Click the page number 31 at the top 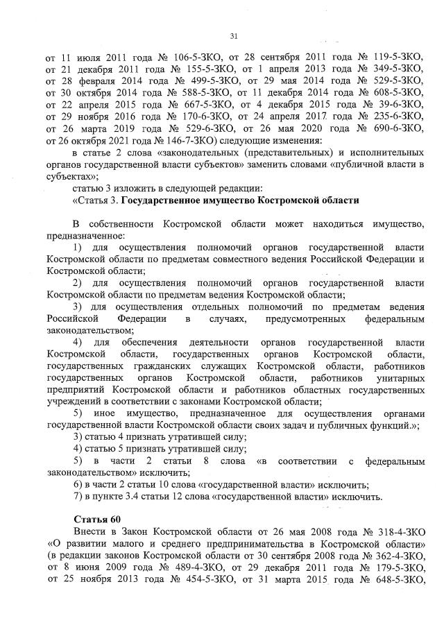pyautogui.click(x=233, y=37)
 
